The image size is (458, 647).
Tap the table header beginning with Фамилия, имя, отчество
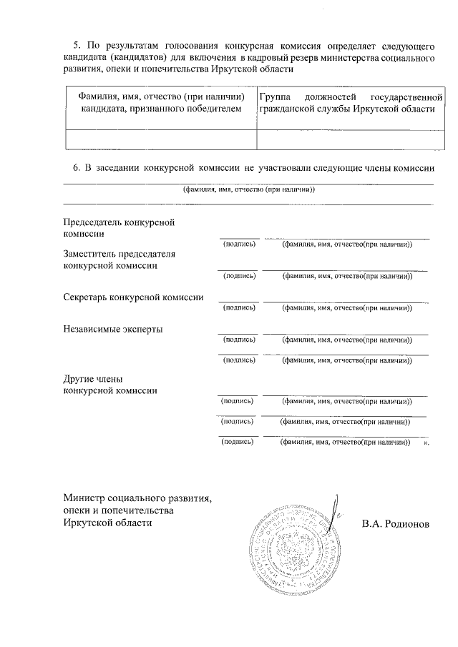point(160,102)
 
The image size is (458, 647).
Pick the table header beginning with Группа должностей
point(346,102)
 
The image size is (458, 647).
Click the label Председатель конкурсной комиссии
point(120,227)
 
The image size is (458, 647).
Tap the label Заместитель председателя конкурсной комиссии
point(120,259)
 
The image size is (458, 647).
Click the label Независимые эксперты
point(113,329)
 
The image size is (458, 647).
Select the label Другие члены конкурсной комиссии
point(111,384)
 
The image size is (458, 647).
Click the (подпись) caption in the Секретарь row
point(239,308)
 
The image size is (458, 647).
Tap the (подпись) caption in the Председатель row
point(239,245)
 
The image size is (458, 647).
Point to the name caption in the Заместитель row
point(346,276)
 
